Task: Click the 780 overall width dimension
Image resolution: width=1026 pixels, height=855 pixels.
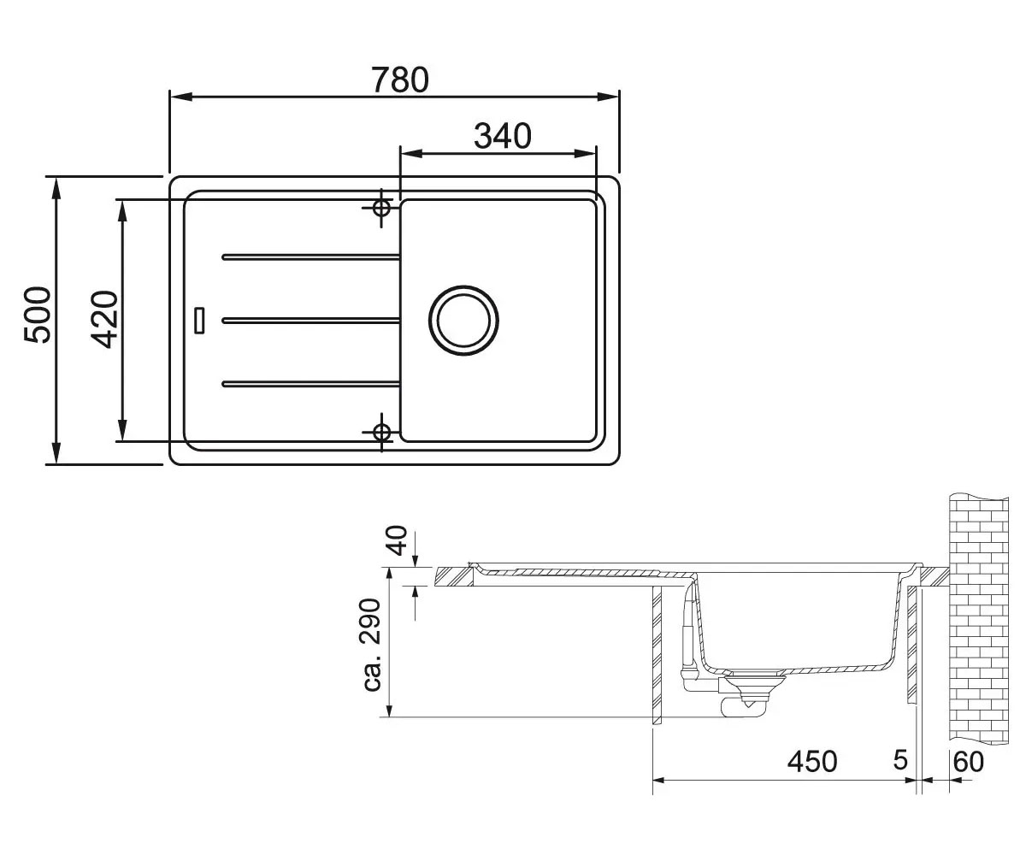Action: tap(400, 80)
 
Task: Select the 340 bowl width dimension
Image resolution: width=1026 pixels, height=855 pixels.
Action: tap(502, 136)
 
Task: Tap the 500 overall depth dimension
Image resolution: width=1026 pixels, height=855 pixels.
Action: tap(38, 315)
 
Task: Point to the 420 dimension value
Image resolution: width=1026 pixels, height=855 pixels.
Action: tap(104, 320)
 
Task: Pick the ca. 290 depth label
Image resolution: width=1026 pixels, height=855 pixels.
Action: tap(371, 646)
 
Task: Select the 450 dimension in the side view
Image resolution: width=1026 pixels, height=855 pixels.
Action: tap(812, 761)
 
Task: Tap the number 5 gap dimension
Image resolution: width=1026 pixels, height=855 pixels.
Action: tap(900, 760)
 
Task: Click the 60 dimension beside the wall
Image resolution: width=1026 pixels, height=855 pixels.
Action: tap(969, 762)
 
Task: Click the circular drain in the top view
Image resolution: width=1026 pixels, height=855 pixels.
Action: tap(463, 321)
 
